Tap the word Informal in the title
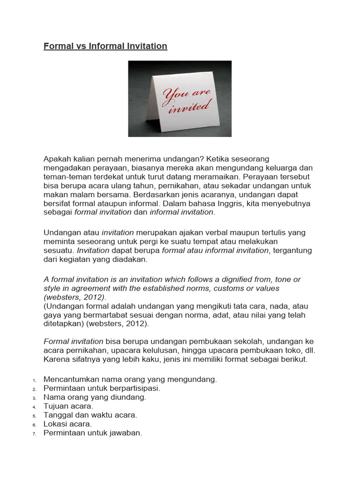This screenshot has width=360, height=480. click(x=102, y=46)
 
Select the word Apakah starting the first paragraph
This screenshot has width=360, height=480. click(x=58, y=159)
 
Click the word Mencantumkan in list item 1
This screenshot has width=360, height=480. click(x=71, y=380)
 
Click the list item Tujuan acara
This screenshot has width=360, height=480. click(x=68, y=406)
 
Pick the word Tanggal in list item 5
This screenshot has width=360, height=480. click(x=59, y=415)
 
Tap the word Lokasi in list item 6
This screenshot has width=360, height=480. click(x=55, y=424)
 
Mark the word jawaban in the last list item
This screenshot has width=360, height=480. click(x=125, y=433)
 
